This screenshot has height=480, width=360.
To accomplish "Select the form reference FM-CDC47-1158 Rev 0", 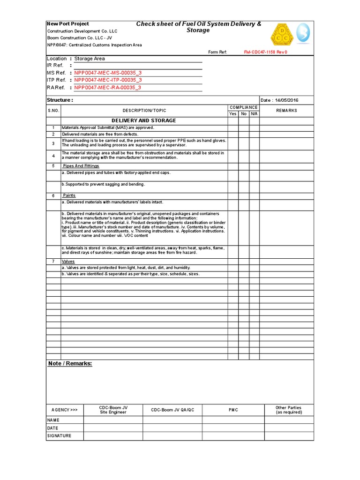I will pos(265,52).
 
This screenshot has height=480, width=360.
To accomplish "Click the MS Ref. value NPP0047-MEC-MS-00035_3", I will pos(108,73).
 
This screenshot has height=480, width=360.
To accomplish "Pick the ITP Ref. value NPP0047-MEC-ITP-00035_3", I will pos(108,80).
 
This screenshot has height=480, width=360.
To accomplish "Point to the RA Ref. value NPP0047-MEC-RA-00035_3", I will pos(107,87).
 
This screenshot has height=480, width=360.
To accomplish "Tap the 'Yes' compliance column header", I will pos(233,114).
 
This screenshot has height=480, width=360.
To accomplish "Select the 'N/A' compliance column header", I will pos(254,114).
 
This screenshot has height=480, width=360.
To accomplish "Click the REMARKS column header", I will pos(286,111).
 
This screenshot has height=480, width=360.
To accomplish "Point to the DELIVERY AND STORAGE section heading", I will pos(144,121).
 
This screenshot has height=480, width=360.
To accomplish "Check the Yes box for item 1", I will pos(233,128).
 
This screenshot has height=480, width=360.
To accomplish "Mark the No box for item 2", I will pos(244,135).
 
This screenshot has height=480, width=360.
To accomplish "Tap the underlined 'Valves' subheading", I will pos(68,262).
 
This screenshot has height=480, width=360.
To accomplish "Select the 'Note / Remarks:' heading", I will pos(70,364).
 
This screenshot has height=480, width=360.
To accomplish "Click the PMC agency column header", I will pos(233,410).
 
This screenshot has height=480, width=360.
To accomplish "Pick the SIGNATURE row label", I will pos(60,436).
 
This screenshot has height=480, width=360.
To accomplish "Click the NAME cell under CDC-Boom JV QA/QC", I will pos(172,420).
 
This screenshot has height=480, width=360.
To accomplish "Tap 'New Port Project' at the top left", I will pos(68,24).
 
